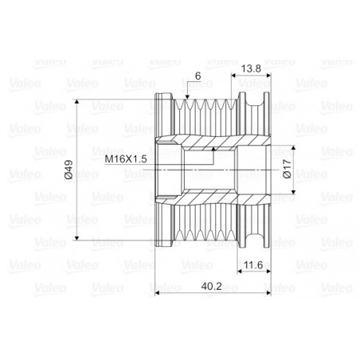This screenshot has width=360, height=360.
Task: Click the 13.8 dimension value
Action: pos(251,68)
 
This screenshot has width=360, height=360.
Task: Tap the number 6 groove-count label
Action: pos(198,76)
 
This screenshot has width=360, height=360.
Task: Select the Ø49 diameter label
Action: pos(68,170)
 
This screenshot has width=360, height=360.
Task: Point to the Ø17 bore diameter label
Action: pos(288,169)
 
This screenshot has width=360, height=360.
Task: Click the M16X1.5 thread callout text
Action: pos(126,159)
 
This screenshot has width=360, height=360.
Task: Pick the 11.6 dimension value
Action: pos(253,264)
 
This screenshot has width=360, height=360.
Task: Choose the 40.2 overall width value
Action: pos(211,286)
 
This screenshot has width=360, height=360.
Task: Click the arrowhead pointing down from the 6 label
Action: pos(187,97)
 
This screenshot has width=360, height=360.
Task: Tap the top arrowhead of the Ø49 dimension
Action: pos(76,102)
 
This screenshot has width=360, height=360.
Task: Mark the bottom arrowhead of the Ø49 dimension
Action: pos(76,237)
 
